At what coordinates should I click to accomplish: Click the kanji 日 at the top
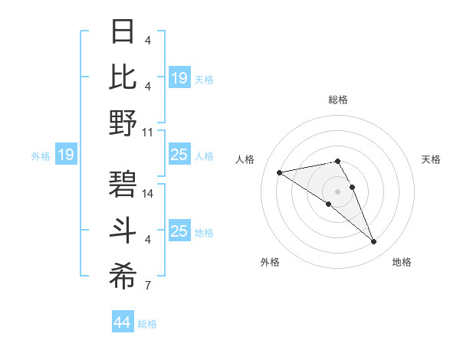point(123,33)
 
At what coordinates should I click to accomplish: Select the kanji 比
point(123,77)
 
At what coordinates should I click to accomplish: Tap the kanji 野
point(123,123)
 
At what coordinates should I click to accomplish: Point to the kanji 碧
point(123,185)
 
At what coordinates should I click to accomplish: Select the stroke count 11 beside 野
point(149,132)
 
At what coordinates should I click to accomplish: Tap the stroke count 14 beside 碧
point(149,195)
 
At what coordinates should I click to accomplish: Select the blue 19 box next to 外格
point(66,155)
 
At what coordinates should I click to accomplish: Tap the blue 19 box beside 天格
point(179,77)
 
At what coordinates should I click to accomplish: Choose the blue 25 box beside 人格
point(179,155)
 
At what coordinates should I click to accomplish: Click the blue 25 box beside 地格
point(179,231)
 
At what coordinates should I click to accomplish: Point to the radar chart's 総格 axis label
point(338,100)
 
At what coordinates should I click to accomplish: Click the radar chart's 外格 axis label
point(270,262)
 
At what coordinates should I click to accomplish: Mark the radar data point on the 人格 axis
point(280,172)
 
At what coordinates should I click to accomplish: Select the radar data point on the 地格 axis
point(374,242)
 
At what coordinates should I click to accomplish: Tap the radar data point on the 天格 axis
point(352,187)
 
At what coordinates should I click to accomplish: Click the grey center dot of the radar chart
point(338,191)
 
